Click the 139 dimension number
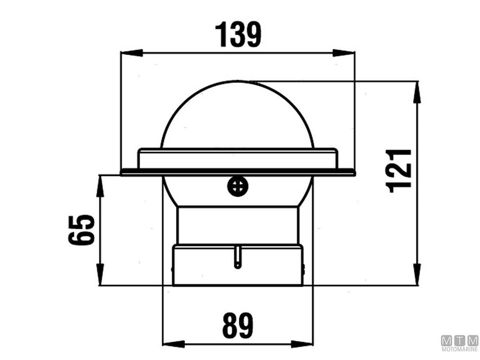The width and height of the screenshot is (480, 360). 238,34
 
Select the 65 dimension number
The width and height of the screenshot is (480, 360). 81,230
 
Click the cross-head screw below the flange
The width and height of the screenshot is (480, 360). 238,187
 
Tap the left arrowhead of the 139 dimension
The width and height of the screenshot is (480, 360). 132,53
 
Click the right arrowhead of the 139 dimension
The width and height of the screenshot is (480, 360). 344,53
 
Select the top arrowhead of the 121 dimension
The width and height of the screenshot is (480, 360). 418,92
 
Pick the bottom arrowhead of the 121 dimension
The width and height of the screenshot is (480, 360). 418,274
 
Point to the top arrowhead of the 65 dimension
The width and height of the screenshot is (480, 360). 100,186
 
